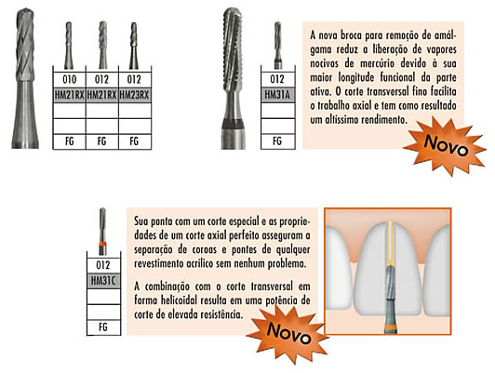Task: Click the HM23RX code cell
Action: pyautogui.click(x=135, y=95)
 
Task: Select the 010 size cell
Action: pyautogui.click(x=70, y=79)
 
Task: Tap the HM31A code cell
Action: pyautogui.click(x=278, y=95)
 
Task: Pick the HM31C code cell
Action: pyautogui.click(x=103, y=281)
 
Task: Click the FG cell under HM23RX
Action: pyautogui.click(x=135, y=141)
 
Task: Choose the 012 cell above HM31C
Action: pyautogui.click(x=103, y=265)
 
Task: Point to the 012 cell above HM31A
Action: pyautogui.click(x=278, y=79)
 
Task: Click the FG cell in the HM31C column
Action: pyautogui.click(x=103, y=326)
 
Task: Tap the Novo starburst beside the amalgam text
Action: pyautogui.click(x=446, y=145)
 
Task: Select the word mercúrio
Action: pyautogui.click(x=377, y=63)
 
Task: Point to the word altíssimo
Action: pyautogui.click(x=341, y=120)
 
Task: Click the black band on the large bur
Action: pyautogui.click(x=234, y=124)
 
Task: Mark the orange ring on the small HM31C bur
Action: pyautogui.click(x=102, y=244)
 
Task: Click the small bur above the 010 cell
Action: pyautogui.click(x=69, y=46)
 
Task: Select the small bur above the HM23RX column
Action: pyautogui.click(x=134, y=46)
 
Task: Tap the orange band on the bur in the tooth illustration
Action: pyautogui.click(x=391, y=327)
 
